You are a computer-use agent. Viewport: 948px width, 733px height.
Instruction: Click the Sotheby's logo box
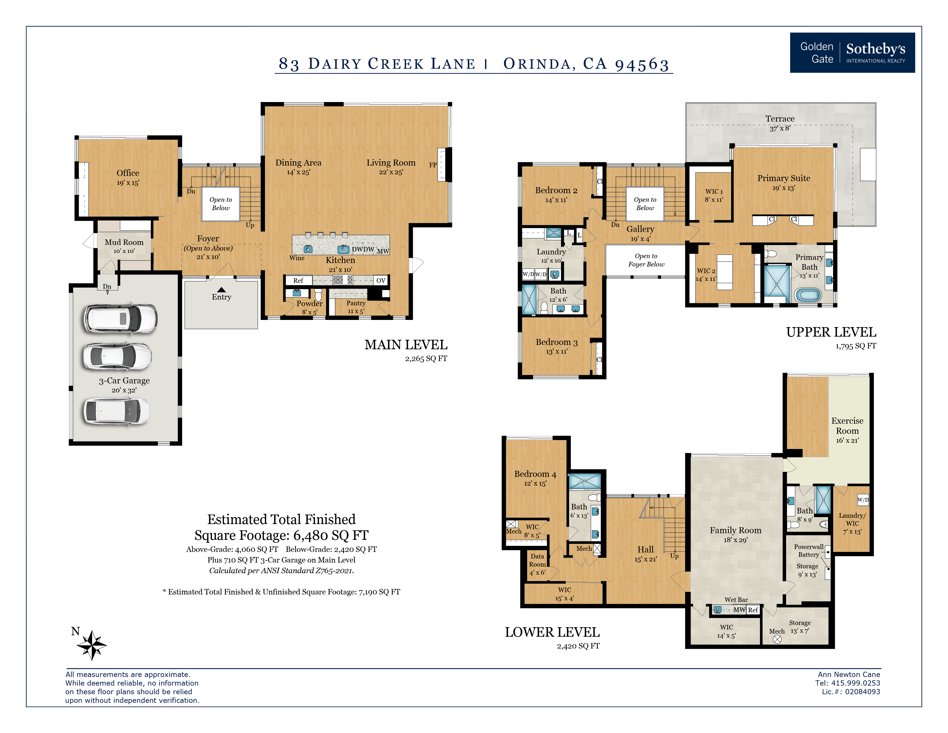point(852,53)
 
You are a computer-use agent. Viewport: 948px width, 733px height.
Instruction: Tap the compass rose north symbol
point(92,645)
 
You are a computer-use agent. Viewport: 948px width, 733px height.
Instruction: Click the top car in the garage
point(120,319)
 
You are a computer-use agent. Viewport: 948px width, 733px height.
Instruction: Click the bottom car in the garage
point(117,411)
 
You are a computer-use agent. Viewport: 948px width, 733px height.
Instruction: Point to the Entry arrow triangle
point(221,290)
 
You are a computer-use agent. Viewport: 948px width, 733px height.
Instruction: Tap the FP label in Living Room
point(433,165)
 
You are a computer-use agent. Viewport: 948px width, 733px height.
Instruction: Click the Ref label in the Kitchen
point(298,281)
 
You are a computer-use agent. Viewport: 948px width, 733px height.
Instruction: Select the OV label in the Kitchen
point(381,281)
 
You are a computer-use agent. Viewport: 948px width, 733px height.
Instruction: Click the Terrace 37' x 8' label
point(780,123)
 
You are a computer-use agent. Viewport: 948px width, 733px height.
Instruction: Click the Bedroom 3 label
point(556,342)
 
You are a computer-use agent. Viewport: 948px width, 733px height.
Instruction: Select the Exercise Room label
point(847,425)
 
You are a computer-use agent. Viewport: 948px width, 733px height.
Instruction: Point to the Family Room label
point(735,530)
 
